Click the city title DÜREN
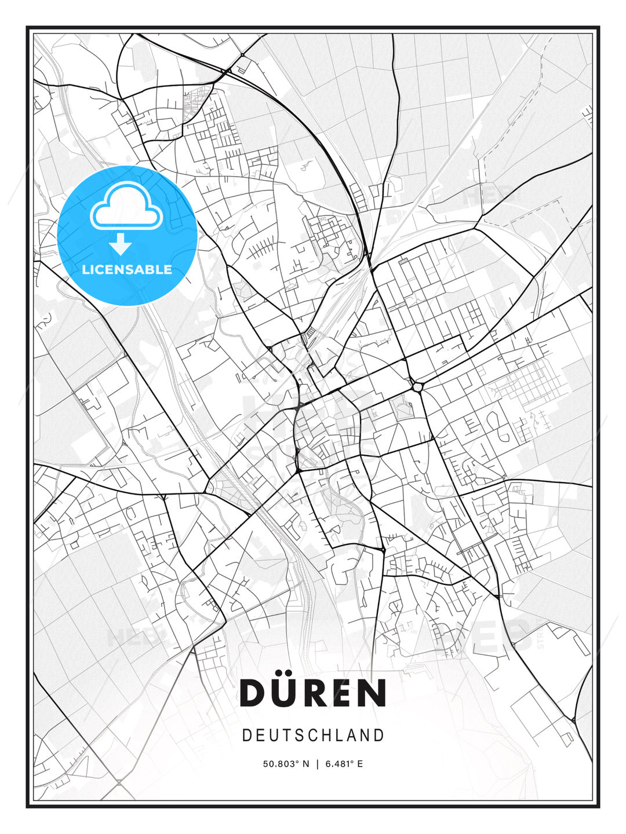(313, 692)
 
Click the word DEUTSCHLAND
(313, 736)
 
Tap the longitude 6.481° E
(344, 764)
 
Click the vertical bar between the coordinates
(317, 764)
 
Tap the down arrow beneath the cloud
(121, 244)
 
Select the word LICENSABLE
(127, 269)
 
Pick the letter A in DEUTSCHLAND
(353, 736)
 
